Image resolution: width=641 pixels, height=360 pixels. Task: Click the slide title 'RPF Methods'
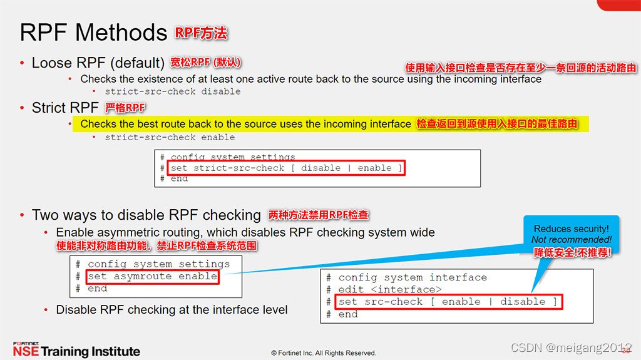[94, 32]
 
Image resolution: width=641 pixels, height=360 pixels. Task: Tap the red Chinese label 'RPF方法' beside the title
[201, 33]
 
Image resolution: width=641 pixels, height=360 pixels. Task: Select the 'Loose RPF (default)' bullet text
[98, 63]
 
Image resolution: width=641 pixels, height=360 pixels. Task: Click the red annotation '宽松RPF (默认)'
[206, 63]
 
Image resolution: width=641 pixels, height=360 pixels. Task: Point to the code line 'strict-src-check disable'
[172, 91]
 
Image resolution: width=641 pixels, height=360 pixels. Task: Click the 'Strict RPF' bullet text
[65, 108]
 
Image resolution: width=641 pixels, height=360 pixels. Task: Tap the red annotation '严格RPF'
[125, 108]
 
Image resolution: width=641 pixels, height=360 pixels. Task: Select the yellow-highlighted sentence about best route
[245, 124]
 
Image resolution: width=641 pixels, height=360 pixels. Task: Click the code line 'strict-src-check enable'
[170, 137]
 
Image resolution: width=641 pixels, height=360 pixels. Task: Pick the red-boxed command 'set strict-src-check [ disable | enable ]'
[287, 168]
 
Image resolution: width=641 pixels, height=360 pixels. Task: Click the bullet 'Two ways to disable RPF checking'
[146, 215]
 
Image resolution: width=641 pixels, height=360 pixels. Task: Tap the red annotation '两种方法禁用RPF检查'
[319, 215]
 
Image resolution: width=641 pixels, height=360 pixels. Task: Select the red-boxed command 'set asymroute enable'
[152, 276]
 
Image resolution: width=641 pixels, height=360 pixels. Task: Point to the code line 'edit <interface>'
[390, 289]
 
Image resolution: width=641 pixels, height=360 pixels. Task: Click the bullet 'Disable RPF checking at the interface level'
[172, 309]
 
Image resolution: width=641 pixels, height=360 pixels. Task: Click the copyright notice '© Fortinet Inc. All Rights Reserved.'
[324, 353]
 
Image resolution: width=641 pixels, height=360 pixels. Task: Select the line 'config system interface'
[413, 277]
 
